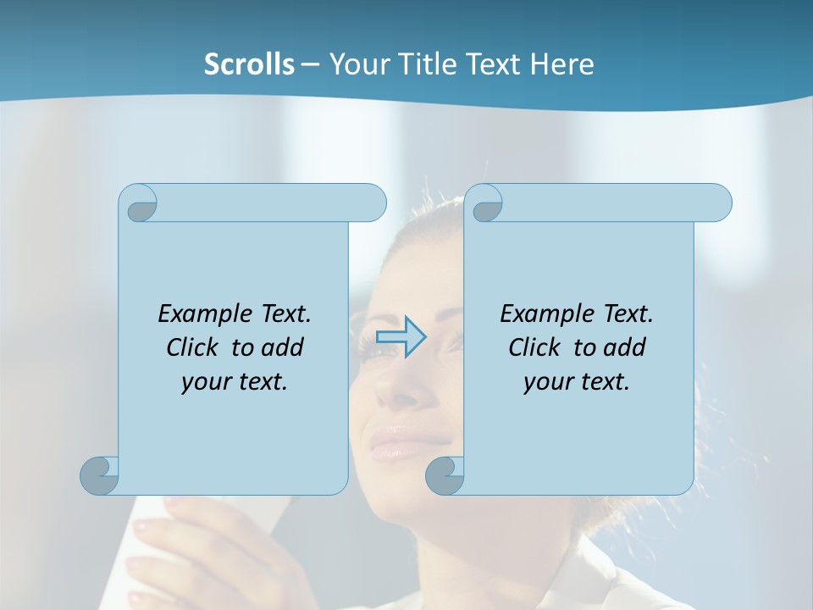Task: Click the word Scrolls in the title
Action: tap(249, 64)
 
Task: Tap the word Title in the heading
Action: tap(423, 64)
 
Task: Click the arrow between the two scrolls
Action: tap(401, 336)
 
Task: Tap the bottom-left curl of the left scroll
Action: tap(100, 475)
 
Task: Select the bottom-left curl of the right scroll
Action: tap(445, 475)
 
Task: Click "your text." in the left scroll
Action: tap(235, 382)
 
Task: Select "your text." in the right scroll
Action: tap(577, 382)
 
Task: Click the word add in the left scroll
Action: tap(282, 348)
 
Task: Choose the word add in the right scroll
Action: tap(624, 348)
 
